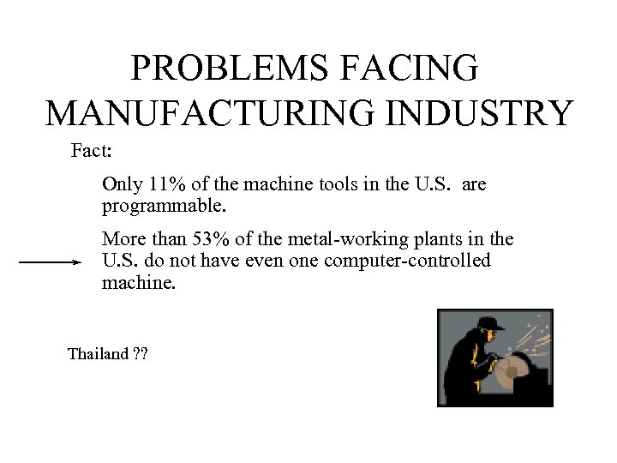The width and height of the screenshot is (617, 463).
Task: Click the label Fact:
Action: click(90, 153)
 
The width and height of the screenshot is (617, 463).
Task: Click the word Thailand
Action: click(98, 354)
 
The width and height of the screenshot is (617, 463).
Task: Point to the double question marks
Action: click(140, 354)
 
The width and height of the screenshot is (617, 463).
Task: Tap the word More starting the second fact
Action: click(122, 238)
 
